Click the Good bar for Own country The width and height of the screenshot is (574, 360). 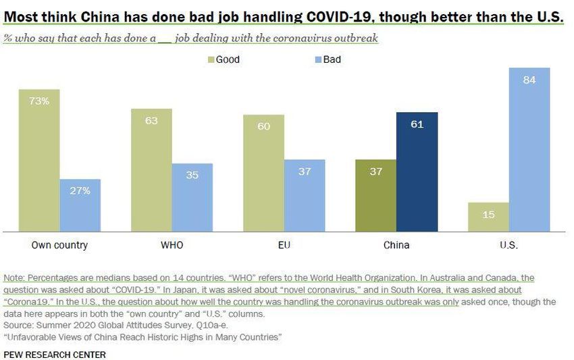click(39, 159)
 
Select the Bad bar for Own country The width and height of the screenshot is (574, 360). click(80, 204)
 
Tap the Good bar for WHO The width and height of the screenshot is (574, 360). click(151, 169)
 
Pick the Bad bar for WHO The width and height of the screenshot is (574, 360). click(192, 197)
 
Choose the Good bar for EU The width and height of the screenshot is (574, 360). click(264, 172)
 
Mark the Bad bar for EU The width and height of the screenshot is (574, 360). click(305, 195)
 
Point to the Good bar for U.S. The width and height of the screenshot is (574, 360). click(489, 216)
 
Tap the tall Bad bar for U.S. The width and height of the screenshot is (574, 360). click(529, 149)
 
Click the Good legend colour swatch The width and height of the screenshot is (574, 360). click(211, 60)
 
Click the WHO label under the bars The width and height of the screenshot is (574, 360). click(172, 245)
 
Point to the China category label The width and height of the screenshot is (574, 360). click(396, 245)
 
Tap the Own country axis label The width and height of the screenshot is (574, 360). click(59, 245)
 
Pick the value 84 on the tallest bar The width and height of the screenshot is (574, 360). click(529, 80)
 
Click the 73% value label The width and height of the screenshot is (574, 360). click(39, 101)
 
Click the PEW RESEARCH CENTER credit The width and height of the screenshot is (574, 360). click(55, 354)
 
